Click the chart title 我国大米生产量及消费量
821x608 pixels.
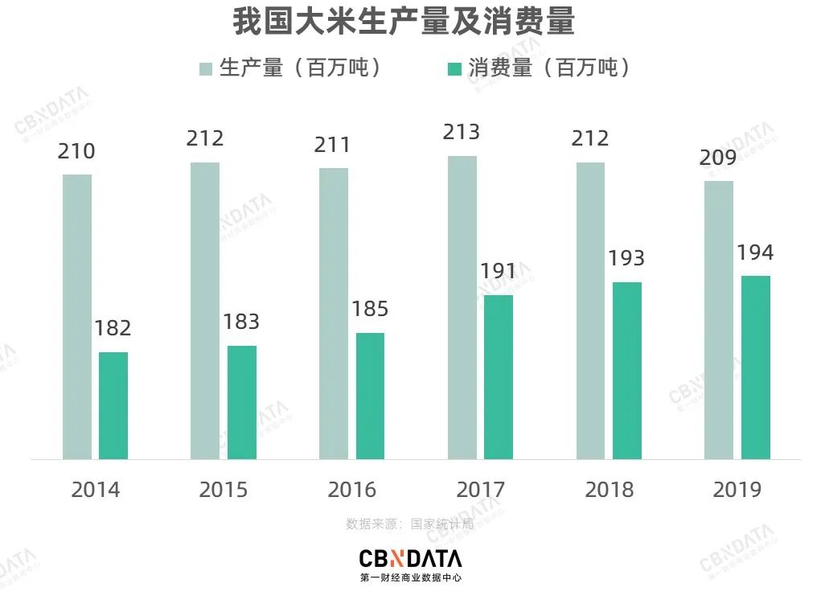[x=404, y=22]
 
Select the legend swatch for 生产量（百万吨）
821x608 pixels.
[x=206, y=68]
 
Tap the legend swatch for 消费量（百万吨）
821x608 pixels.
[x=454, y=68]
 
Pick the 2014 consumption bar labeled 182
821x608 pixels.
[x=113, y=405]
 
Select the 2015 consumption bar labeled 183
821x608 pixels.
[x=242, y=402]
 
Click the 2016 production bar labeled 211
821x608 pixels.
[x=334, y=313]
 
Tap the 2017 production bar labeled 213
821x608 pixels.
[x=462, y=307]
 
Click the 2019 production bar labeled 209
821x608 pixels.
[x=719, y=319]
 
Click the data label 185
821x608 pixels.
[x=370, y=309]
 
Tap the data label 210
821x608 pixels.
[x=76, y=151]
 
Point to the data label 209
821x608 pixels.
[x=718, y=158]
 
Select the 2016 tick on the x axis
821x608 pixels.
[x=352, y=489]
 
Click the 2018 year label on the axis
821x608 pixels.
[x=609, y=489]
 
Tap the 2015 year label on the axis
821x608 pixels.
[x=224, y=489]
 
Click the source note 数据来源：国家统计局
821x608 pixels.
[x=409, y=524]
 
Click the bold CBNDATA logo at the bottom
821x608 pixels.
[x=410, y=558]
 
